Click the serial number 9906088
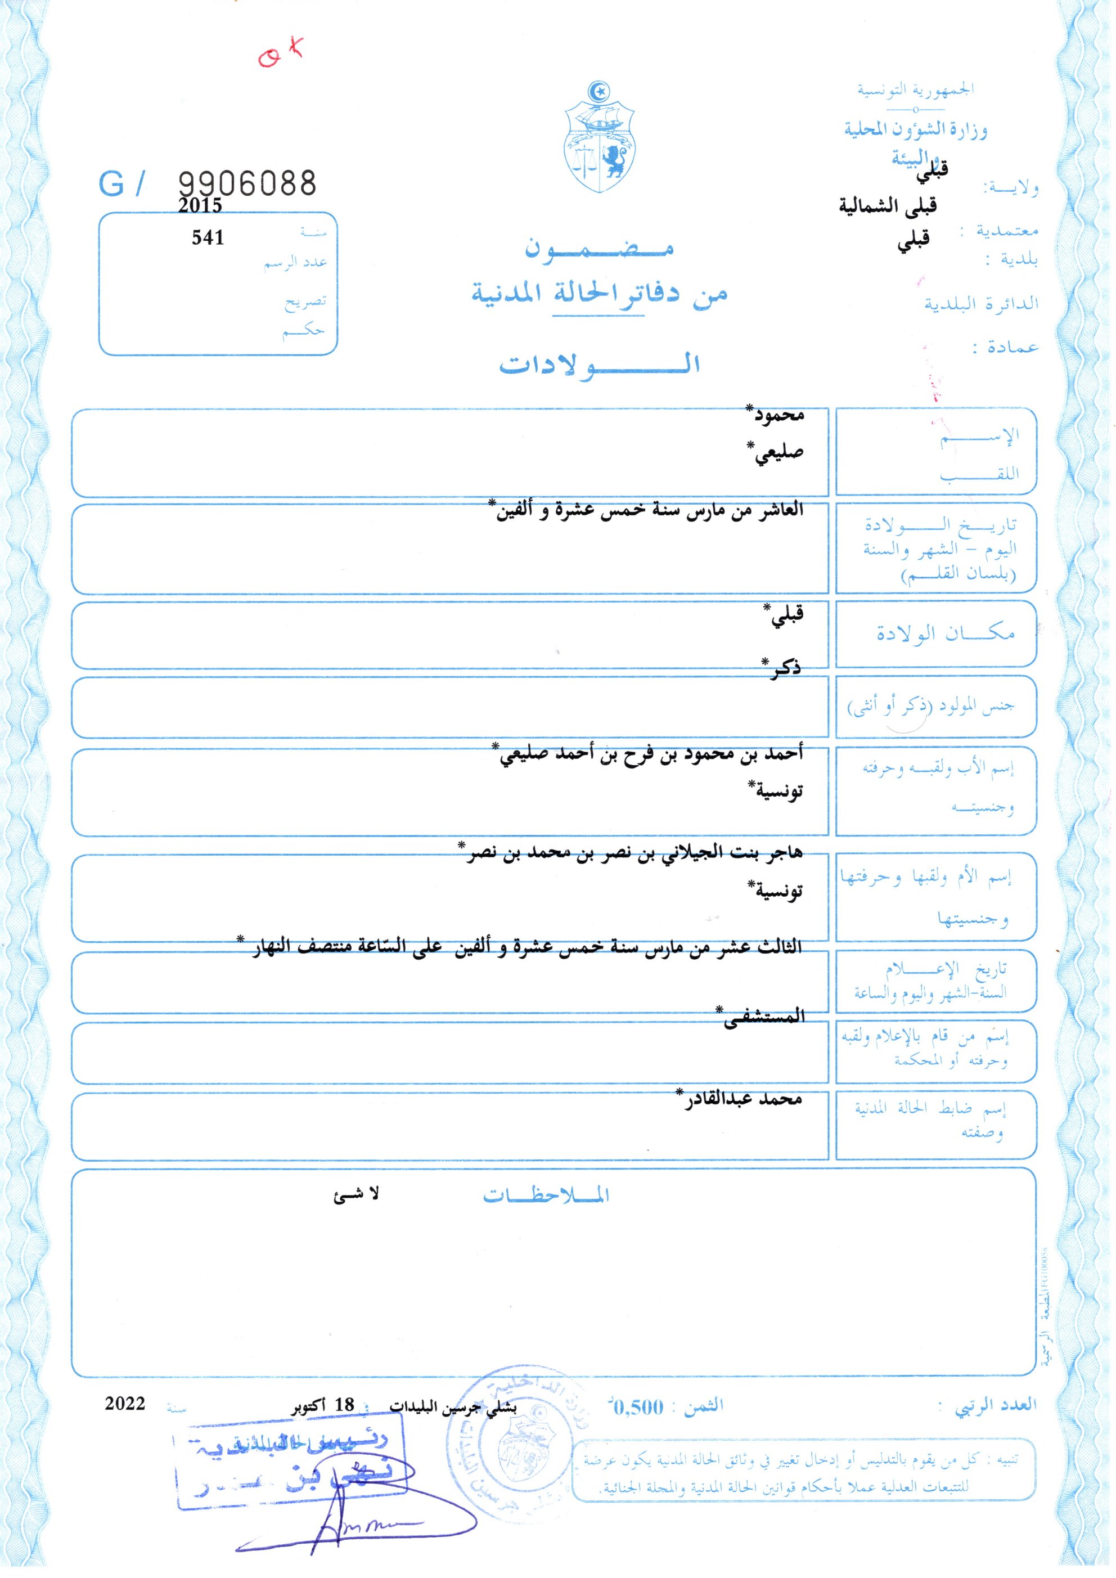247,183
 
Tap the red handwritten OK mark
280,52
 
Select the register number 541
208,238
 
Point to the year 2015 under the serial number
200,205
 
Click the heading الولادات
599,364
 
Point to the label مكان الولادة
945,633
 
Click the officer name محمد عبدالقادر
741,1098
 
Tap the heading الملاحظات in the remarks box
546,1197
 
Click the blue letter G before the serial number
112,184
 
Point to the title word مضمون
599,249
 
